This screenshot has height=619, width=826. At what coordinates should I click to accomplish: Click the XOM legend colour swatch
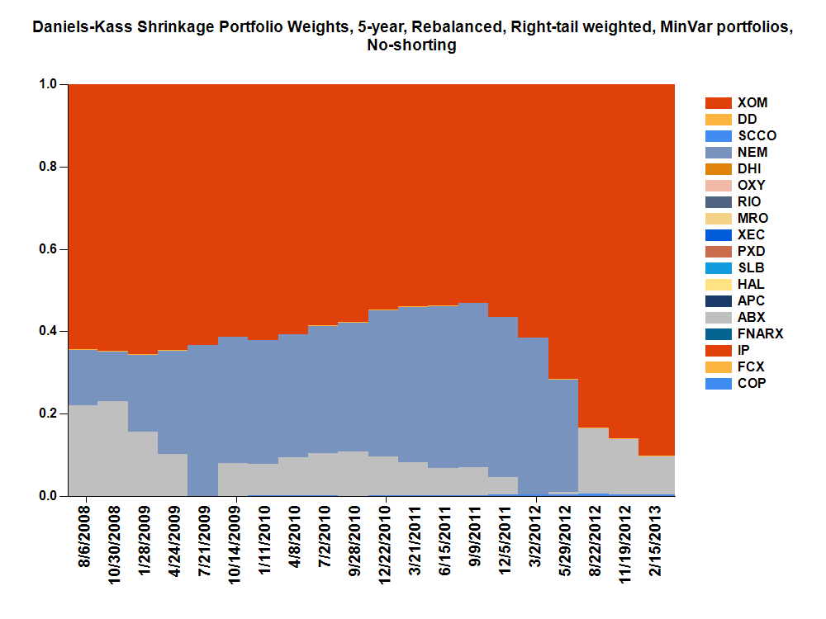click(718, 103)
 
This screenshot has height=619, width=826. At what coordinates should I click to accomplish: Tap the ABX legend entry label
click(751, 318)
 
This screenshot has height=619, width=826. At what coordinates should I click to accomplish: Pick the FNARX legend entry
click(760, 334)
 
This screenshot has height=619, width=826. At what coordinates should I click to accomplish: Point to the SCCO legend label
click(757, 136)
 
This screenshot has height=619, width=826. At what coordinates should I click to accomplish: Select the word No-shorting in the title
click(411, 46)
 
